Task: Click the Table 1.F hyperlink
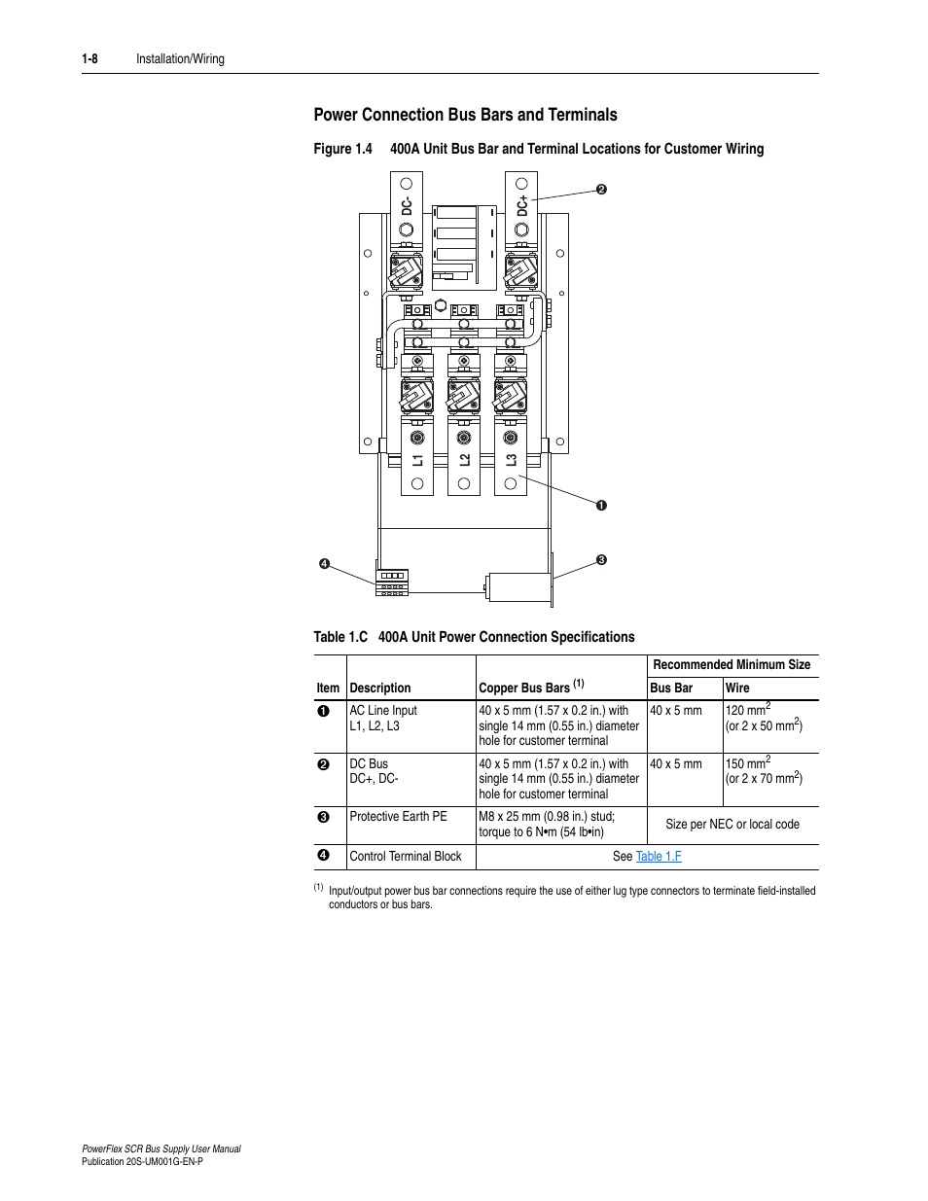click(659, 857)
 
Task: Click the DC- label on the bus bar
click(407, 205)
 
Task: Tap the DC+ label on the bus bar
click(522, 205)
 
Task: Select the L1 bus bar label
click(417, 460)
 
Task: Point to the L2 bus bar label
click(464, 460)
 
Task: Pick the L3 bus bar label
click(511, 460)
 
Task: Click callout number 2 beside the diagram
click(601, 190)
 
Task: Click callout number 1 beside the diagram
click(601, 505)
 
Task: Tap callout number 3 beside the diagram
click(601, 560)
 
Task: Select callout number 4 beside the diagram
click(325, 564)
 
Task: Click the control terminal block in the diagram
click(392, 582)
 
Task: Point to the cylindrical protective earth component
click(519, 587)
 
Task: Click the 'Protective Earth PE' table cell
click(399, 817)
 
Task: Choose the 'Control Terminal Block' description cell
click(406, 857)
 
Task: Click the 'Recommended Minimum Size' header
click(732, 665)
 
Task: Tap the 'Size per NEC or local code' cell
click(732, 825)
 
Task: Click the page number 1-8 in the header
click(90, 59)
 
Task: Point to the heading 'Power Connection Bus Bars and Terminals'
click(465, 115)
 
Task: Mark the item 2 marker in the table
click(324, 764)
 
